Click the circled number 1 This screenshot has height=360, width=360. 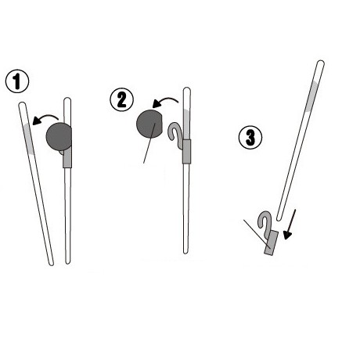17,81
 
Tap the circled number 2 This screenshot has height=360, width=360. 121,100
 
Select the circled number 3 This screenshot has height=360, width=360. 250,138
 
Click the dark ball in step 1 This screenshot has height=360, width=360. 59,136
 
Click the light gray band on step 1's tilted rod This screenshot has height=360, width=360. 28,139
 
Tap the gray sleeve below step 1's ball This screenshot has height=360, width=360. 67,157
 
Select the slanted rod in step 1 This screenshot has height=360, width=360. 36,184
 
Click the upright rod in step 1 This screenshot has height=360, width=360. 67,181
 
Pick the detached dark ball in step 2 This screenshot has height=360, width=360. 149,124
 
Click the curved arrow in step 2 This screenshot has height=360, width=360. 165,102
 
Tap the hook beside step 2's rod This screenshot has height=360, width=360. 175,133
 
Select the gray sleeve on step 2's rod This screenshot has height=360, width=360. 186,152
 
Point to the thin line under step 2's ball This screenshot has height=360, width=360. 149,143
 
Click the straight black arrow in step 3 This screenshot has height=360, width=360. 290,225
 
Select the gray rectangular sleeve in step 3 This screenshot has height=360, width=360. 272,243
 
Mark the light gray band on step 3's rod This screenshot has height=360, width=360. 312,96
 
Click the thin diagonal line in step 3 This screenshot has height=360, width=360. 257,234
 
